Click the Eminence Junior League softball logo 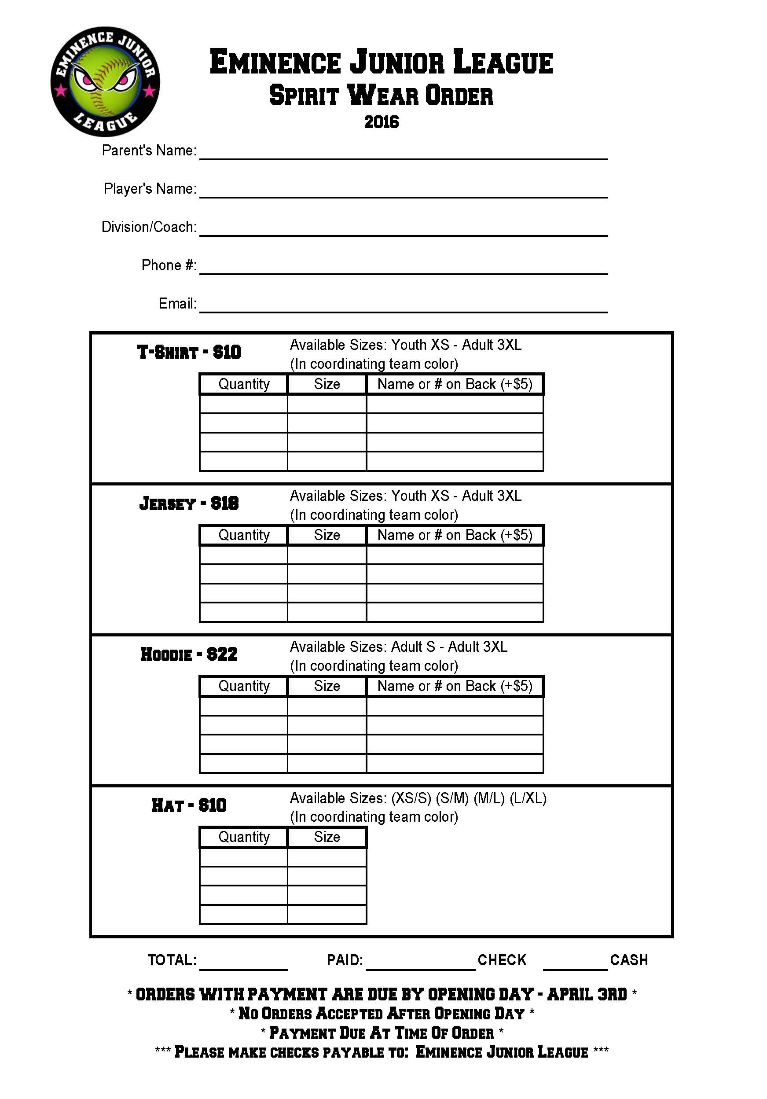tap(105, 81)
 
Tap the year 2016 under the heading tap(382, 122)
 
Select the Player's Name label tap(150, 188)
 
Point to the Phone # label tap(169, 265)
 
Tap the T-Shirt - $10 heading tap(189, 352)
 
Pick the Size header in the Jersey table tap(327, 535)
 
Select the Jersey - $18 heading tap(189, 504)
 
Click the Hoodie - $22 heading tap(189, 654)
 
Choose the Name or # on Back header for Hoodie tap(455, 686)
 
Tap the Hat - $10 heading tap(189, 805)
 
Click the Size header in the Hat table tap(327, 837)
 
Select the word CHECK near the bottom tap(502, 960)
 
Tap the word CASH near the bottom tap(629, 960)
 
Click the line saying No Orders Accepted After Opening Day tap(382, 1013)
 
